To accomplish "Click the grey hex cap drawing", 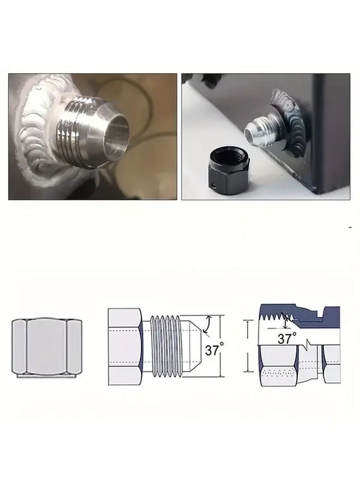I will point(45,347).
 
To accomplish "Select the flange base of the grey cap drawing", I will point(45,375).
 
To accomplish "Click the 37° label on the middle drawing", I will point(213,350).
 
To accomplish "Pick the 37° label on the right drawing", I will point(286,338).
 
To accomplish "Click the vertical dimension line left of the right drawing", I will point(249,346).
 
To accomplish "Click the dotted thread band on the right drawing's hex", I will point(281,373).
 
